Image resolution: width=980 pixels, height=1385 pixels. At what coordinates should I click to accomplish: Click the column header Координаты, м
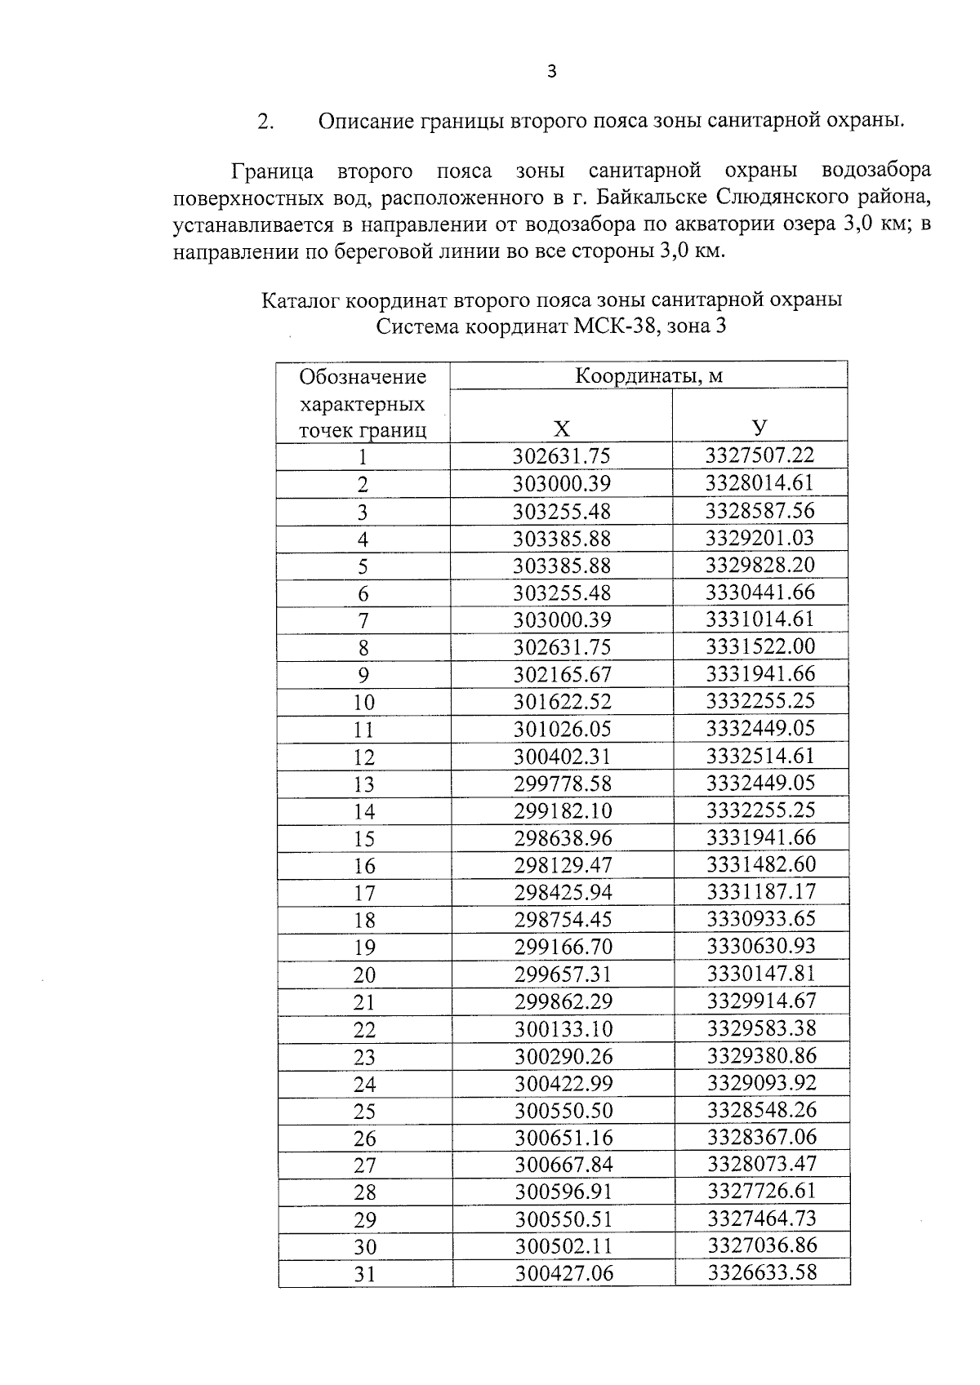[x=648, y=376]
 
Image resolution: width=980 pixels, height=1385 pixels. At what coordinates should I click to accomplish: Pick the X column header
[x=562, y=429]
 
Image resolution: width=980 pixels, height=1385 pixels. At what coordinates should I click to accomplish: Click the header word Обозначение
[x=363, y=377]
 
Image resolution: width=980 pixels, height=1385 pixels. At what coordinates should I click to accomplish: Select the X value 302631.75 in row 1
[x=562, y=457]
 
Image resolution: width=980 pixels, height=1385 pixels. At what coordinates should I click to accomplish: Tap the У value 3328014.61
[x=760, y=483]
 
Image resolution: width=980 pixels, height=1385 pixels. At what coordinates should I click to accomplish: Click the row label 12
[x=363, y=757]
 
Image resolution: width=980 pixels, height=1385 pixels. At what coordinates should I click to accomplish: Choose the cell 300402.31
[x=562, y=757]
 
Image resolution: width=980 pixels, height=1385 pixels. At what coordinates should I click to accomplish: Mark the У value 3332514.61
[x=760, y=756]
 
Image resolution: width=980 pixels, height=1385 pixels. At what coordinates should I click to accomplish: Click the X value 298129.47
[x=563, y=866]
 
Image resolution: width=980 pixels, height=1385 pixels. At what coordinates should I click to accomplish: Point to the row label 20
[x=364, y=975]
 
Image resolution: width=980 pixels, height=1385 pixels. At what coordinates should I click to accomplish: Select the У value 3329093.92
[x=761, y=1084]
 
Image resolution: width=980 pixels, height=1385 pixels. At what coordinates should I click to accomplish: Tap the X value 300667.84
[x=563, y=1165]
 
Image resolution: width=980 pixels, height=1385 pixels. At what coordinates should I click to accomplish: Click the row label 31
[x=365, y=1275]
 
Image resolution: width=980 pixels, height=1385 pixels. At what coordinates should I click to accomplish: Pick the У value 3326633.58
[x=762, y=1273]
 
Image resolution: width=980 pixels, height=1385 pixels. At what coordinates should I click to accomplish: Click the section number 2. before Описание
[x=265, y=122]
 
